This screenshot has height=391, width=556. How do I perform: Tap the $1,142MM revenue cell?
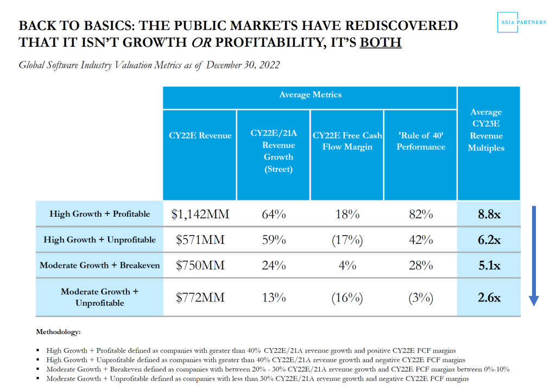[x=200, y=214]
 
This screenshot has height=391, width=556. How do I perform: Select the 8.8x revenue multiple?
[x=489, y=214]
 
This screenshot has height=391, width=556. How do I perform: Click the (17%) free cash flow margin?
[x=347, y=240]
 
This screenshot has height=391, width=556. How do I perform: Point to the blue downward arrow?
[x=533, y=255]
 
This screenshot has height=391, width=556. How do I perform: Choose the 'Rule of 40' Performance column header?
[x=421, y=141]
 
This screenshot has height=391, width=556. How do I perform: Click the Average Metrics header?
[x=310, y=95]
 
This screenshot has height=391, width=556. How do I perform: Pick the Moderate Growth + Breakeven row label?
[x=100, y=266]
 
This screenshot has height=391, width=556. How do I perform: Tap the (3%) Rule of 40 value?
[x=421, y=298]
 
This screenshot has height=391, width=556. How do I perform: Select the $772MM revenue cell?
[x=200, y=298]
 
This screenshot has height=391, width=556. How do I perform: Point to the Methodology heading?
[x=58, y=331]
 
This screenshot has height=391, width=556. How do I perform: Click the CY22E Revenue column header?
[x=200, y=136]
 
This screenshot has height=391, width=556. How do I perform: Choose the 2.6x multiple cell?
[x=489, y=298]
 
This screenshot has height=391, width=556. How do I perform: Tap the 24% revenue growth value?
[x=274, y=266]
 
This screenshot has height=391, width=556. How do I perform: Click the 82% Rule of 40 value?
[x=421, y=214]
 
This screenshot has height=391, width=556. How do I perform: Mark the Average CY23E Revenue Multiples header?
[x=486, y=130]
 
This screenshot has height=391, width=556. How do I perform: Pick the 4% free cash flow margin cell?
[x=347, y=266]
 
